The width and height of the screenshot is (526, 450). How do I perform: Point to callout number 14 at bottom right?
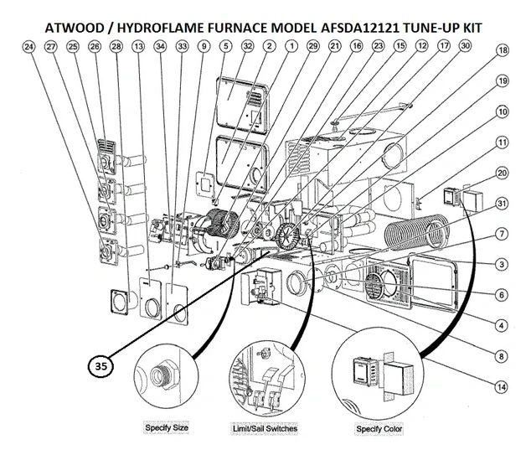[502, 386]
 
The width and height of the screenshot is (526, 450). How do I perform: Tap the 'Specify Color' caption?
[379, 429]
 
